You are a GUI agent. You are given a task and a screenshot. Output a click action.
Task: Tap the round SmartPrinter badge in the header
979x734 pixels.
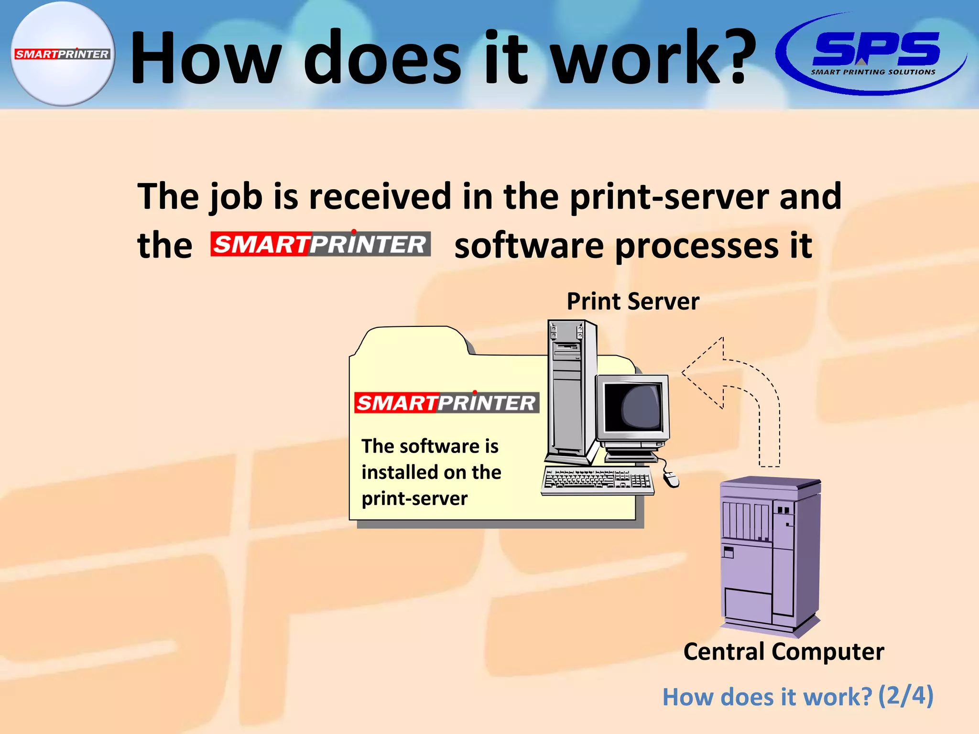click(63, 54)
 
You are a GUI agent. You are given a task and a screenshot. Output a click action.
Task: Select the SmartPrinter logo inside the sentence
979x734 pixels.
click(321, 244)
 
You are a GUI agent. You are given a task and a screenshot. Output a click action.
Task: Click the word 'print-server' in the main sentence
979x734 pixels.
click(669, 196)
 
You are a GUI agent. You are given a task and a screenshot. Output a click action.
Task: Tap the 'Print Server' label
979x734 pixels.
click(633, 302)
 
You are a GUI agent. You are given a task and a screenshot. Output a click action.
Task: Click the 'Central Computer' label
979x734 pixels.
click(783, 651)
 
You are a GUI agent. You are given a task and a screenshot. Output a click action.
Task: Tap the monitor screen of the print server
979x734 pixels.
click(633, 407)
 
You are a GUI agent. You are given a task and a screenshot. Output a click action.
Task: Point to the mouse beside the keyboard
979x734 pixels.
click(671, 478)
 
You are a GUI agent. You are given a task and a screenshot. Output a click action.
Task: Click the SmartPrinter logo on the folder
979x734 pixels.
click(446, 403)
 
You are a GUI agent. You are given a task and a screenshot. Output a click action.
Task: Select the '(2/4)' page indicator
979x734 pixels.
click(905, 696)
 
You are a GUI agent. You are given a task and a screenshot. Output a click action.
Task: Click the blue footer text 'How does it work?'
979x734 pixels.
click(767, 697)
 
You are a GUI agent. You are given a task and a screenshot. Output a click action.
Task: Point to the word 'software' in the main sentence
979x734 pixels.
click(529, 246)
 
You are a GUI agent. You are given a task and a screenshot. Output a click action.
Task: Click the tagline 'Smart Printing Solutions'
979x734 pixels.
click(873, 72)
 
